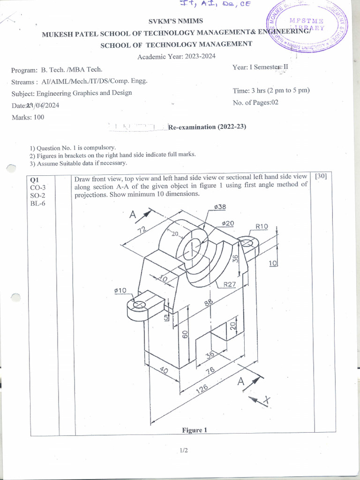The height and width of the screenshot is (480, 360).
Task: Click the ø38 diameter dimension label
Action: point(220,207)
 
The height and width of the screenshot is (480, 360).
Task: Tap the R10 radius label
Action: point(262,226)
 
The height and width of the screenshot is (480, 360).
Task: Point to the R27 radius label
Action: point(229,284)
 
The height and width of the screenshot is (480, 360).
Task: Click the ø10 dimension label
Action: point(120,291)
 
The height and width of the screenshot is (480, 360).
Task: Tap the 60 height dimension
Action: point(185,334)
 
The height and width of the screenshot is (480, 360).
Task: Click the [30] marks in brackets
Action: point(321,176)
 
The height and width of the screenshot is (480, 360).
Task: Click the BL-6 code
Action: point(37,203)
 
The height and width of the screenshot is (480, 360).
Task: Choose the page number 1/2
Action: point(183,450)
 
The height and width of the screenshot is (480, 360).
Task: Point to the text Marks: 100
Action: point(28,117)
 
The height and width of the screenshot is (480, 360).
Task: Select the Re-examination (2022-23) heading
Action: point(207,127)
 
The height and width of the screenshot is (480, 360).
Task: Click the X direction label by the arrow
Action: point(267,399)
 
